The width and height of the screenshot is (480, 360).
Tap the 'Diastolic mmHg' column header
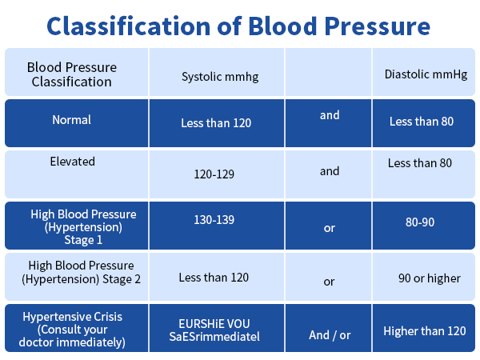coord(426,74)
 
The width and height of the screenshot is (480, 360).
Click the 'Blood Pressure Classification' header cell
coord(72,74)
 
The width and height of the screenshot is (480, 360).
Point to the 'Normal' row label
coord(72,120)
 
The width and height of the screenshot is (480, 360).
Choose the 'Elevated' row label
coord(73,162)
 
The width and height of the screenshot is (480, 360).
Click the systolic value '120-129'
coord(214,174)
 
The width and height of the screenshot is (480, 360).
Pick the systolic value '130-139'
coord(214,218)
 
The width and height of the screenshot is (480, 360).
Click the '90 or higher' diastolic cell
coord(430,278)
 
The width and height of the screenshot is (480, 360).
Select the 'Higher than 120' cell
coord(425,330)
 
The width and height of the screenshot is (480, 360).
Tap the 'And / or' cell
coord(330,335)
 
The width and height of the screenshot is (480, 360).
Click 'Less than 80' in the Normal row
coord(422,122)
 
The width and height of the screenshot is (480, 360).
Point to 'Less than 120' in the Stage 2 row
coord(214,278)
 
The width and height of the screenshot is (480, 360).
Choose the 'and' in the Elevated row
coord(330,170)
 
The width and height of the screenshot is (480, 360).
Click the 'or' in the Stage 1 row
coord(329,229)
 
